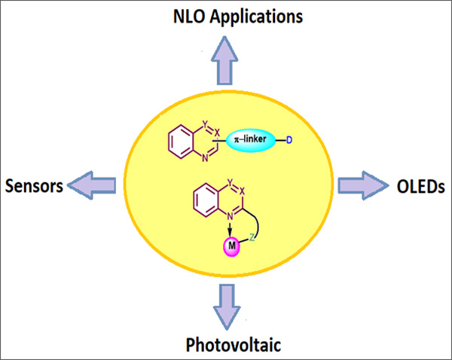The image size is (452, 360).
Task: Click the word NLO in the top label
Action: (188, 15)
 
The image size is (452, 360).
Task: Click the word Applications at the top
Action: (252, 16)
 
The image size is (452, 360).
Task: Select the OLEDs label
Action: (419, 185)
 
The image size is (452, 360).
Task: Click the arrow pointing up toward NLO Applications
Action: (225, 60)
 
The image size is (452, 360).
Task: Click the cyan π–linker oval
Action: (250, 141)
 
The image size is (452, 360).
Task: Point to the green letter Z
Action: (252, 236)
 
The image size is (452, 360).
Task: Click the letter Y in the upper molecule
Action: (204, 125)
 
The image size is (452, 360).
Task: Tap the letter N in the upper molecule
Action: (204, 159)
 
